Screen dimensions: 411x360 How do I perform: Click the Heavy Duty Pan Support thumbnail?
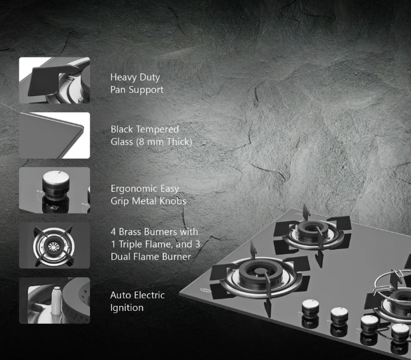tap(55, 80)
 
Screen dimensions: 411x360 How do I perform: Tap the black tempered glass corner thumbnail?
tap(55, 135)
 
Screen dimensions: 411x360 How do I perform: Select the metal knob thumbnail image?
tap(55, 191)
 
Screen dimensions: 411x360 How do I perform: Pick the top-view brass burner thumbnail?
tap(55, 245)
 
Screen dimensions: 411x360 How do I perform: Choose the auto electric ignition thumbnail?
tap(55, 300)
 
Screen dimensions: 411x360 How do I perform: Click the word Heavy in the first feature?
tap(124, 78)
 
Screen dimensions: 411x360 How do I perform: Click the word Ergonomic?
tap(133, 189)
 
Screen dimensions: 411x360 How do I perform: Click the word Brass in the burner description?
tap(130, 232)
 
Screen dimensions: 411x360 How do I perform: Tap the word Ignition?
tap(127, 308)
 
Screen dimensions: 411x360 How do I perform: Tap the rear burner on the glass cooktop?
tap(312, 232)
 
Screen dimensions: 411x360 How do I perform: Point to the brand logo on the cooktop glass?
tap(205, 290)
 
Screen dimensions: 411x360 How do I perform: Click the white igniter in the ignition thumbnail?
tap(56, 300)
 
